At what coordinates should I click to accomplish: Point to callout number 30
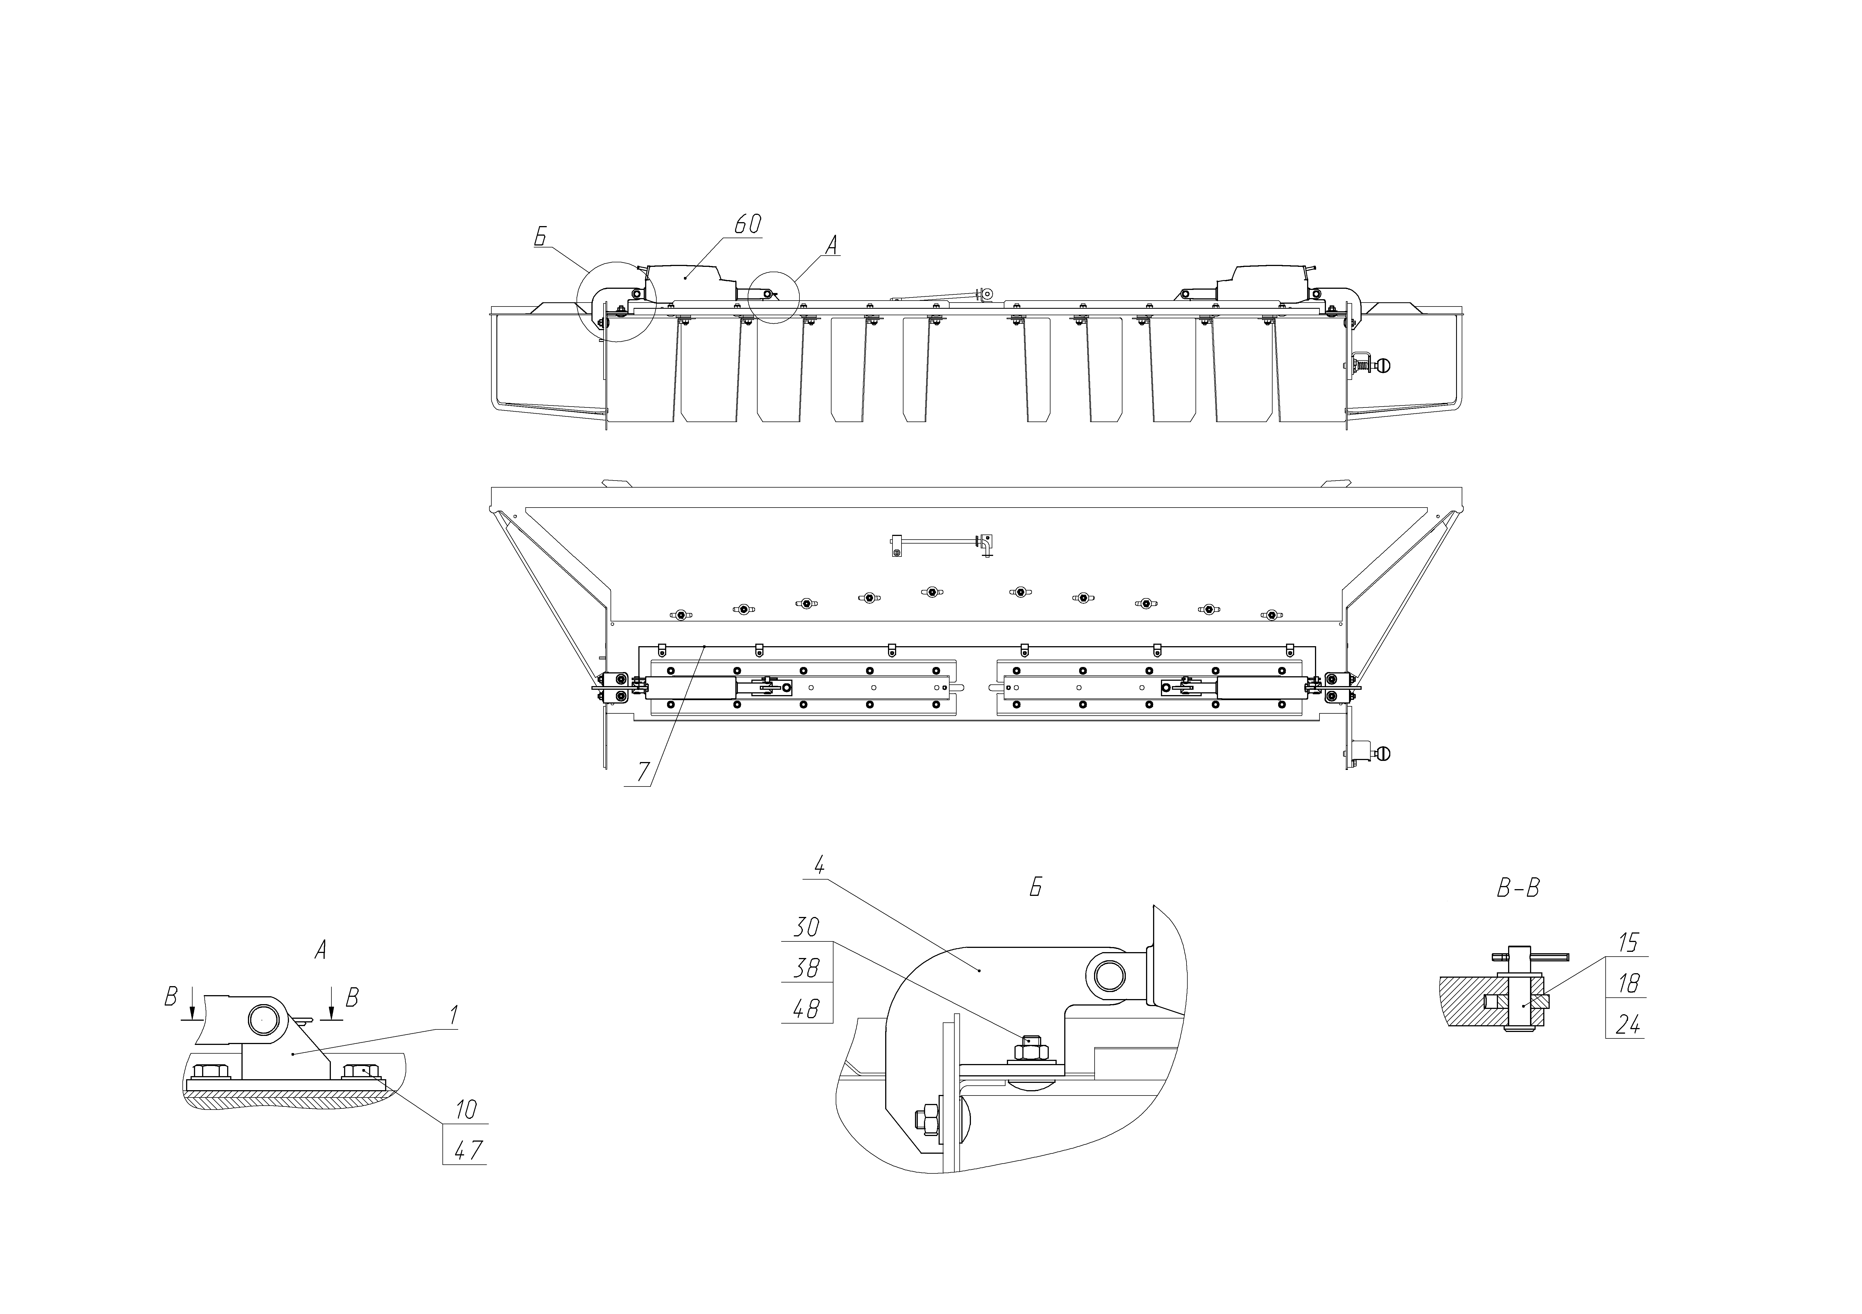coord(806,927)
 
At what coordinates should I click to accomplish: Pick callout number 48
coord(806,1008)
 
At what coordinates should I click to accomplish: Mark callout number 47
coord(468,1150)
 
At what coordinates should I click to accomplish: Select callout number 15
coord(1628,943)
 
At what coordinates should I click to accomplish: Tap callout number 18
coord(1628,984)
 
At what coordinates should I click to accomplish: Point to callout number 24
coord(1628,1025)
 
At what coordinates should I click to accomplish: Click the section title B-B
coord(1517,889)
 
